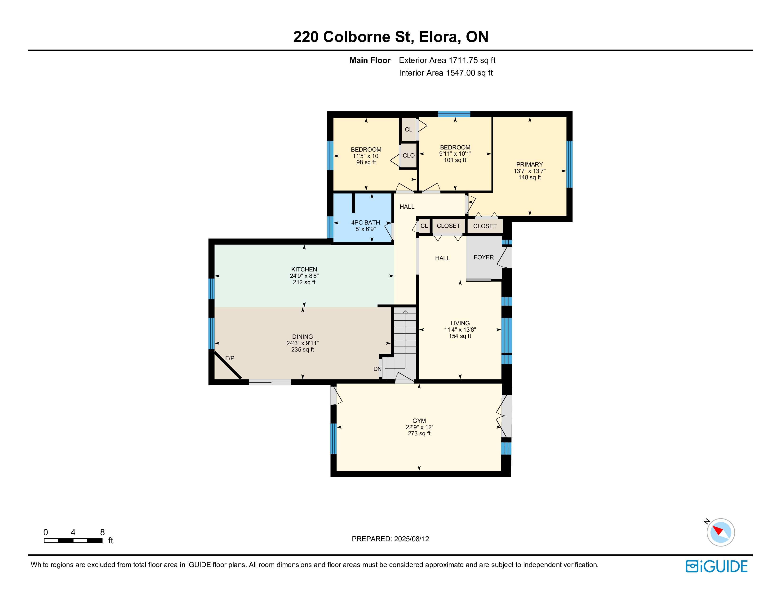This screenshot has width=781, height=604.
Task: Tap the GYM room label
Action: coord(419,421)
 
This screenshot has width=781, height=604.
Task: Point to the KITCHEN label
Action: coord(304,270)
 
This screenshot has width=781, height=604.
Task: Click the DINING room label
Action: coord(302,337)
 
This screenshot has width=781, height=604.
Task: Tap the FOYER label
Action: coord(484,257)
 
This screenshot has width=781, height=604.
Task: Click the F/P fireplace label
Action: coord(230,358)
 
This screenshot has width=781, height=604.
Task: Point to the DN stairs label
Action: coord(377,369)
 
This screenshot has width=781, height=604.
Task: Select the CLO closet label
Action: coord(408,156)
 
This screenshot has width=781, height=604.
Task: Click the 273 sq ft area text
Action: coord(419,433)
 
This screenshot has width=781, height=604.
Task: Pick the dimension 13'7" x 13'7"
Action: coord(530,171)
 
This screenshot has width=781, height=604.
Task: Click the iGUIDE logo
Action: coord(717,566)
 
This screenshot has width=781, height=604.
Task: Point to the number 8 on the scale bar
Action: coord(102,532)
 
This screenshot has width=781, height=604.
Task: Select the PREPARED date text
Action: coord(390,539)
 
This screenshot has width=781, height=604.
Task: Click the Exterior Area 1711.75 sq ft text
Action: coord(447,60)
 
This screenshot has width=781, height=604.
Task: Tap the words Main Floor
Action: coord(370,60)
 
